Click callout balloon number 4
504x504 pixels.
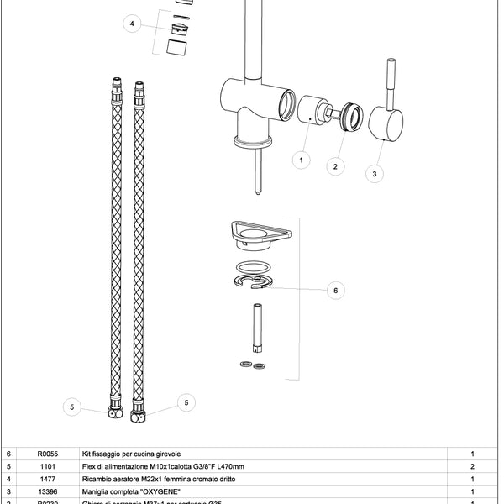point(131,24)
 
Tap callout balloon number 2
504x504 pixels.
point(335,166)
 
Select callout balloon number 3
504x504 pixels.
point(375,173)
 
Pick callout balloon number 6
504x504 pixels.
point(335,291)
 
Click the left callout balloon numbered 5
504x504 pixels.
point(72,407)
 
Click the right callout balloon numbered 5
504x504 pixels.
point(186,403)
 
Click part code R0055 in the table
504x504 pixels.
point(48,453)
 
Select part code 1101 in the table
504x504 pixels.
point(48,466)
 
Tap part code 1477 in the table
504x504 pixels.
point(48,479)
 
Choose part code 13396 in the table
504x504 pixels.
point(48,491)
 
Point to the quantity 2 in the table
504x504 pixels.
point(473,466)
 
